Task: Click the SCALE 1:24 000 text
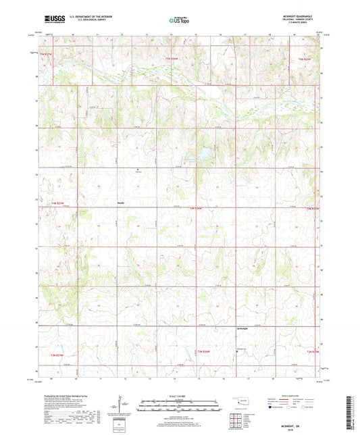tap(179, 396)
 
